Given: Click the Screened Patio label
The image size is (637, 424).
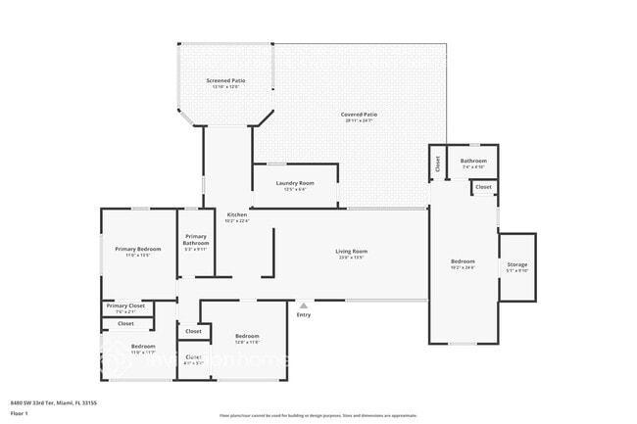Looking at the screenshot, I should tap(225, 80).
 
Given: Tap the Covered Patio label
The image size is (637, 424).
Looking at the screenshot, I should tap(359, 115).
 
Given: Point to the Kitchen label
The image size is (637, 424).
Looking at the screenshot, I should tap(237, 214).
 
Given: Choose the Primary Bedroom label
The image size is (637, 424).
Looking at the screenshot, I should tap(137, 249).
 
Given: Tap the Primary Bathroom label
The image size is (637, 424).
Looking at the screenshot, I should tap(196, 239).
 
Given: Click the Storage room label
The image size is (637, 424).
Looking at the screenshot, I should tap(516, 265).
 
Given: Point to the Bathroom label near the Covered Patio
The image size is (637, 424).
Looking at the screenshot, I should tap(473, 160).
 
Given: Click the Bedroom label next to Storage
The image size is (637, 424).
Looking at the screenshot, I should tap(463, 261).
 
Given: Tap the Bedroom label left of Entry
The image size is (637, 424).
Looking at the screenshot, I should tap(247, 336).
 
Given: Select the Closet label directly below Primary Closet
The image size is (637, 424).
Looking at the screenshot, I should tap(125, 323).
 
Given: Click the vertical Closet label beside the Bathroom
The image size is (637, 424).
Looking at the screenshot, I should tap(437, 164).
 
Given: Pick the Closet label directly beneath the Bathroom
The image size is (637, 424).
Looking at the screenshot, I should tap(483, 186).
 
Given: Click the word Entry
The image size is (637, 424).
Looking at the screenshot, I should tap(304, 314).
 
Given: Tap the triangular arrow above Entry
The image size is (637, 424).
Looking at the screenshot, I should tap(304, 306).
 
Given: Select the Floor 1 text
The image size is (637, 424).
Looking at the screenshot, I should tap(19, 414).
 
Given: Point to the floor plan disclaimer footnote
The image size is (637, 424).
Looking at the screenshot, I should tap(318, 415).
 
